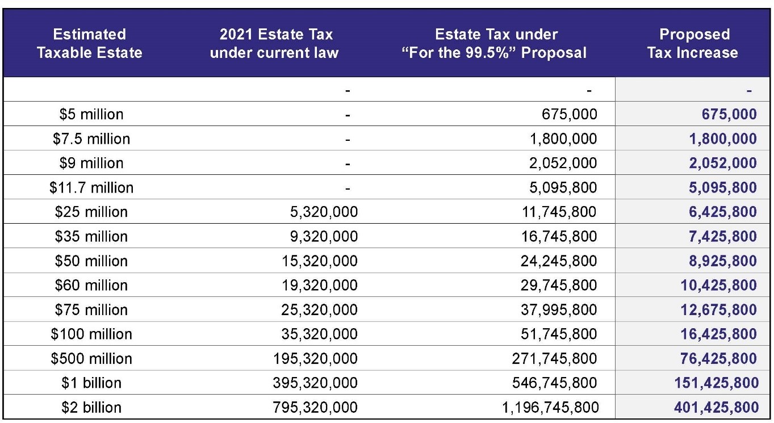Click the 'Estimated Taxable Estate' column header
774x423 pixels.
89,44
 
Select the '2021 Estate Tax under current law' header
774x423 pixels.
274,44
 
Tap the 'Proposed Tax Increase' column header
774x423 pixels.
693,44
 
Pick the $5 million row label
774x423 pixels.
91,114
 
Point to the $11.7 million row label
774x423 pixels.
91,187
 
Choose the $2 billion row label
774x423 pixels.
91,407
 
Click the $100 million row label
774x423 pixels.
91,334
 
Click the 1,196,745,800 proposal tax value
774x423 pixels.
550,407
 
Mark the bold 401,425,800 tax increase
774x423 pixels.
716,407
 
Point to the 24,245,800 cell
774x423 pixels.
559,261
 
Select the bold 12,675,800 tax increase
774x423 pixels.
718,309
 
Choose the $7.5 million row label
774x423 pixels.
91,139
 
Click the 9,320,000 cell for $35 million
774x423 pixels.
324,236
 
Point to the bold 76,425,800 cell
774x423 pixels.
718,358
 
